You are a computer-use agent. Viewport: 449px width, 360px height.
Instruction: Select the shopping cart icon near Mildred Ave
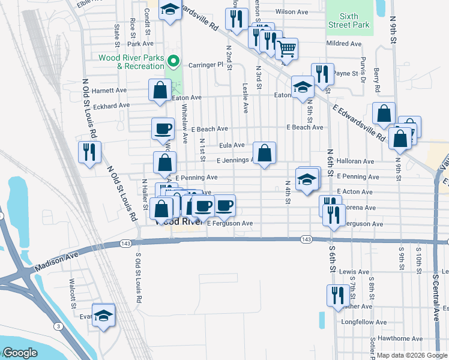point(287,49)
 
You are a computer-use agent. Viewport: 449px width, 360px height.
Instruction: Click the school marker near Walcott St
point(103,315)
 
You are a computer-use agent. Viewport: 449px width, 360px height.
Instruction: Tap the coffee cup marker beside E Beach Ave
point(163,128)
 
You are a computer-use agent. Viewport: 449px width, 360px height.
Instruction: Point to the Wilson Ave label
point(291,11)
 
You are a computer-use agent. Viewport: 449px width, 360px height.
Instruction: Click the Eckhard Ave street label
point(111,105)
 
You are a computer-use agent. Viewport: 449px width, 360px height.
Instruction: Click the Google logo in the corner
point(20,352)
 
